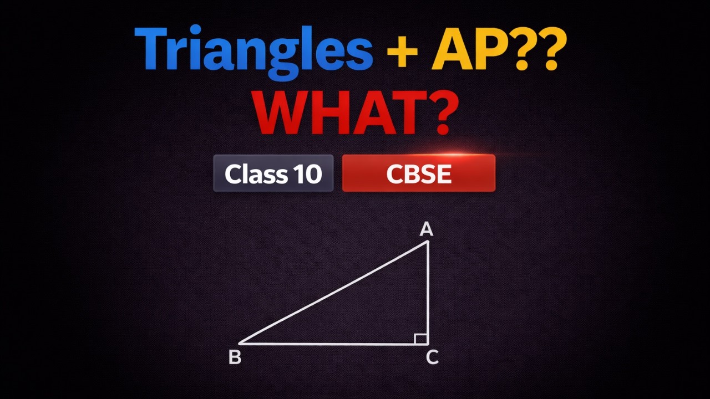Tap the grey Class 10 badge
[273, 173]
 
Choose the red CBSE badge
[418, 173]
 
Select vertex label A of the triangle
[426, 229]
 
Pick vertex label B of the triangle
[235, 358]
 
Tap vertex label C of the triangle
[432, 358]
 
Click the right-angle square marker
[420, 338]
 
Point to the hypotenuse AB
[333, 293]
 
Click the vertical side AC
[428, 288]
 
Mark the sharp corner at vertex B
[241, 344]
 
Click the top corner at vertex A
[428, 242]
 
